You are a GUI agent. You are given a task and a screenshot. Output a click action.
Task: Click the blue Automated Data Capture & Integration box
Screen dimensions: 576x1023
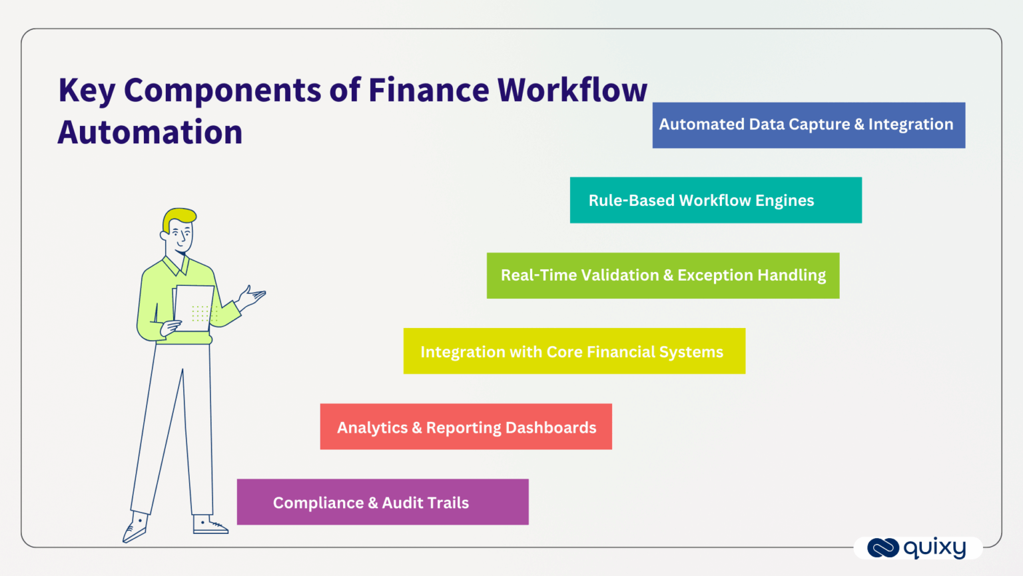809,125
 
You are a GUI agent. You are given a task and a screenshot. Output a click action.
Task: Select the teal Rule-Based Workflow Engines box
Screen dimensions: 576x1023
715,200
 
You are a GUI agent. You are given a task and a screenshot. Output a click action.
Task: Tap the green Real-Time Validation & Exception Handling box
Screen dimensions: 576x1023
663,275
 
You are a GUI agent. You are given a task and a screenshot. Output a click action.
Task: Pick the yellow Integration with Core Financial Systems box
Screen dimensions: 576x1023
574,351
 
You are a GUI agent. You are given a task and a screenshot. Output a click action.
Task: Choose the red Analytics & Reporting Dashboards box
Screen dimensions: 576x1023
466,427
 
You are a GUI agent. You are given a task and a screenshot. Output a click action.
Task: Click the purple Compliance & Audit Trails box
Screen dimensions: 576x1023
382,502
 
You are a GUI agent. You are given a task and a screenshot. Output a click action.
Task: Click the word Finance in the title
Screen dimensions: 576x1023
428,90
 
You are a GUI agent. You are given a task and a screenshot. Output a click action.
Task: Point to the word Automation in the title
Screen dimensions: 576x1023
151,132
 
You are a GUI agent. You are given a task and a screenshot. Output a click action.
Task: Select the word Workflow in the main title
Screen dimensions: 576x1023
572,90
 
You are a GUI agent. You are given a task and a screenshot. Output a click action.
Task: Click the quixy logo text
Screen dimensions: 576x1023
934,548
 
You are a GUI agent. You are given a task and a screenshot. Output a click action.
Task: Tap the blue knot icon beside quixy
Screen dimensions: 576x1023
883,548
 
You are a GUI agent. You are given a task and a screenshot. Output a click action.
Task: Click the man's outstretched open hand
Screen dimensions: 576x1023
252,297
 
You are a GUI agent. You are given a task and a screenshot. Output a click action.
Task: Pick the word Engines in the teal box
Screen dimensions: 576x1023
785,201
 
